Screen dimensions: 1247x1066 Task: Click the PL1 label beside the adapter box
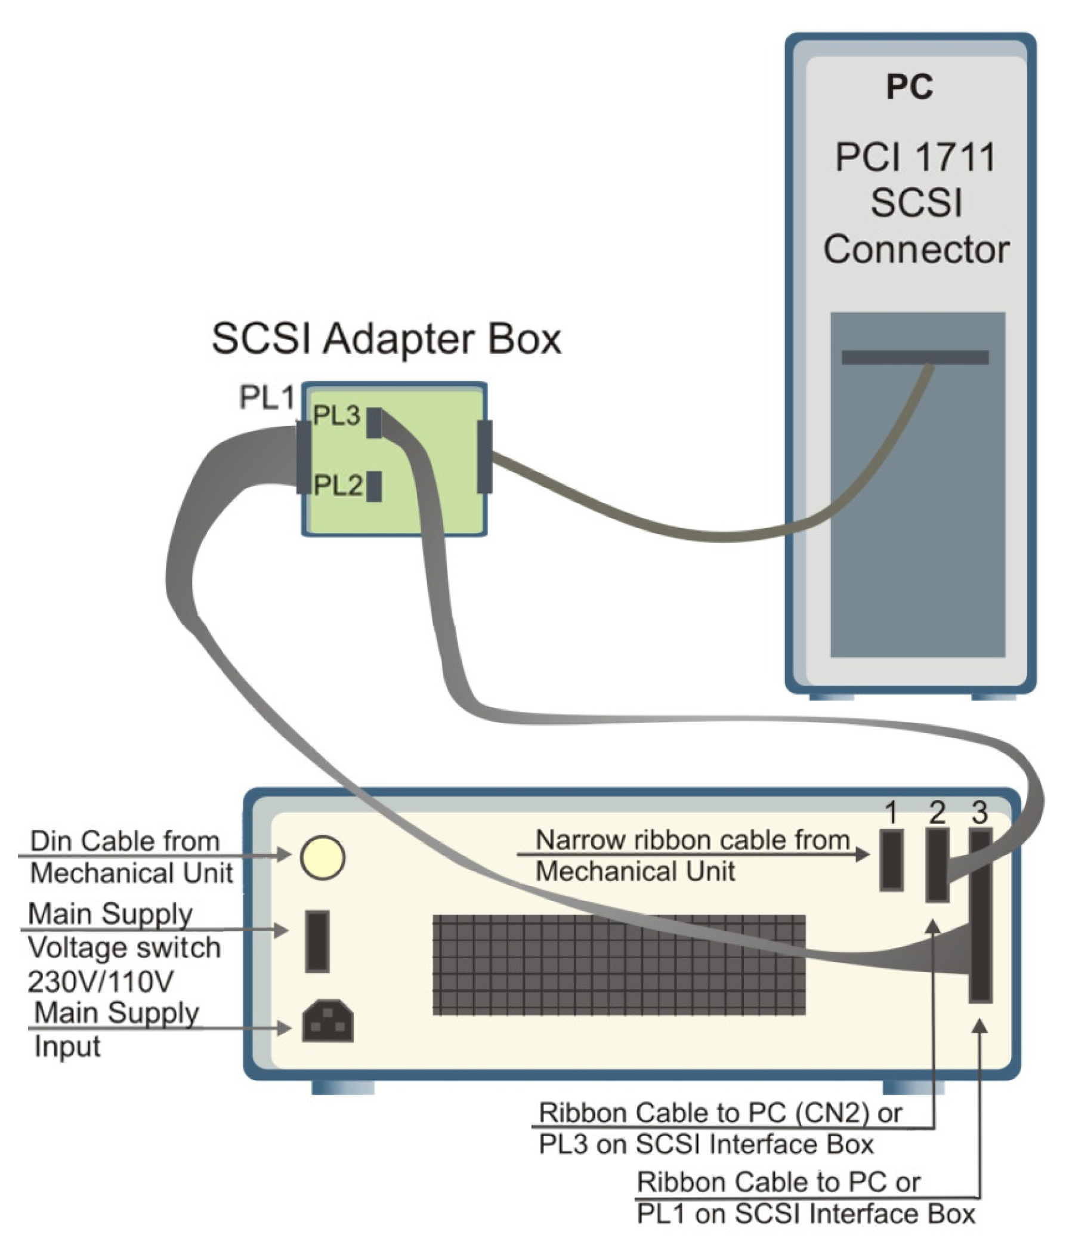tap(267, 397)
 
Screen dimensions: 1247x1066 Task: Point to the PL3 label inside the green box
tap(336, 415)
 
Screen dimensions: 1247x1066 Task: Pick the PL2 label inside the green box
tap(338, 485)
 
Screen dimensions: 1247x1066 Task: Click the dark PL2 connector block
tap(374, 486)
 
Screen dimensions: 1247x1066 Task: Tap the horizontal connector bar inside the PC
tap(914, 357)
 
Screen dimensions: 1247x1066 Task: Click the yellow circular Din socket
tap(323, 857)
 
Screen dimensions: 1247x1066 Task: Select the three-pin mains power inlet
tap(327, 1021)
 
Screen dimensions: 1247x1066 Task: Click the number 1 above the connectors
tap(892, 813)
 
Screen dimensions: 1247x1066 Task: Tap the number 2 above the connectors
tap(937, 813)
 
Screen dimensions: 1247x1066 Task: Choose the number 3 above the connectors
tap(980, 813)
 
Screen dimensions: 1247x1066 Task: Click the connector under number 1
tap(892, 860)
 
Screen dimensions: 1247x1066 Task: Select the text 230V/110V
tap(100, 981)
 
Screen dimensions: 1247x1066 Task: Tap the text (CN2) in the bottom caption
tap(832, 1113)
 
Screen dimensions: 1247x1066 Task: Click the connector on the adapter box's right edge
tap(484, 456)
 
